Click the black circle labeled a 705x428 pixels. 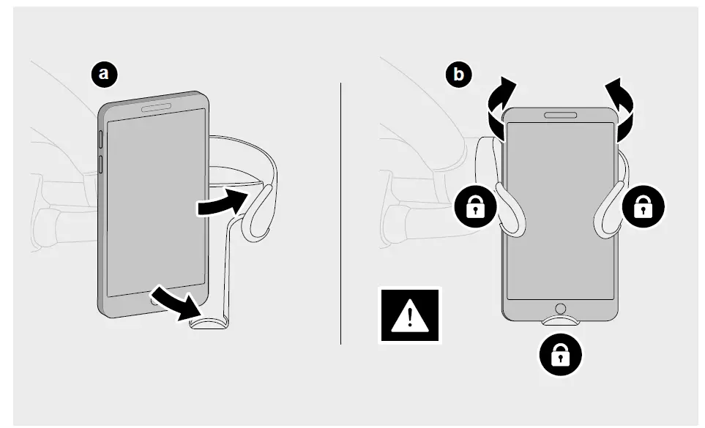pyautogui.click(x=104, y=73)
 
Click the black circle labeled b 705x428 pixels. pyautogui.click(x=459, y=75)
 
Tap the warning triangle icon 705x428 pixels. pyautogui.click(x=409, y=315)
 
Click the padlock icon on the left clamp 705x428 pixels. pyautogui.click(x=476, y=207)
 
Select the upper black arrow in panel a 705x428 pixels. pyautogui.click(x=222, y=202)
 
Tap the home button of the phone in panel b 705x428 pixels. pyautogui.click(x=561, y=309)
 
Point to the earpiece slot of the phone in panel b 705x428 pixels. pyautogui.click(x=561, y=115)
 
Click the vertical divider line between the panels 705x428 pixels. pyautogui.click(x=341, y=212)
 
